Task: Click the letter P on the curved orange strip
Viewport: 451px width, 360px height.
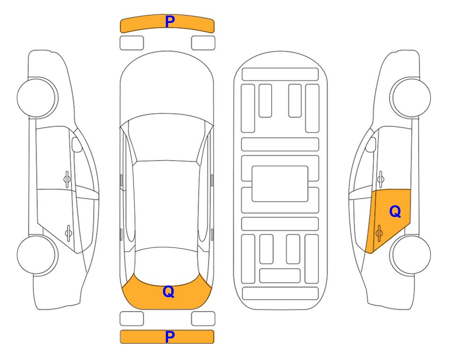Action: coord(170,22)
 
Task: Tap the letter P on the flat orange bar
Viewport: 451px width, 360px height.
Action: coord(170,337)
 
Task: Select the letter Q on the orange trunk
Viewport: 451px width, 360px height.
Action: coord(169,292)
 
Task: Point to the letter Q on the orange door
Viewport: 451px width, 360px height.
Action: coord(395,212)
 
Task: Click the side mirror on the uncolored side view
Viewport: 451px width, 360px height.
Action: coord(77,144)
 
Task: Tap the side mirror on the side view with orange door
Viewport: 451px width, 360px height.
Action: coord(371,144)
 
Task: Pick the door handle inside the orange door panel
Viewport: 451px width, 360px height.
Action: coord(379,233)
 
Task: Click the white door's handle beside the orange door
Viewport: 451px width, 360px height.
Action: coord(380,179)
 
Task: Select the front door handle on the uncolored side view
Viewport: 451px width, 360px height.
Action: coord(67,179)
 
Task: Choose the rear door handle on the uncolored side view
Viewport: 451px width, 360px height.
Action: coord(68,233)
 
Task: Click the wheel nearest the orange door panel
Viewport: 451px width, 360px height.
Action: coord(410,255)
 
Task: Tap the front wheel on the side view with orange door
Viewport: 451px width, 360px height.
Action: coord(410,98)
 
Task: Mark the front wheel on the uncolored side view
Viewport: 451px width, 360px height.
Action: coord(37,98)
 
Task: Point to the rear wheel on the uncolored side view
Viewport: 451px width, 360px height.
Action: coord(37,255)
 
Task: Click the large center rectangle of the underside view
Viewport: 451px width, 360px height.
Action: coord(280,184)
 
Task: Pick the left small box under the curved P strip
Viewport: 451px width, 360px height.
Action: coord(132,43)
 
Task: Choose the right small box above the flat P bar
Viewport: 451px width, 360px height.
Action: coord(203,319)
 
